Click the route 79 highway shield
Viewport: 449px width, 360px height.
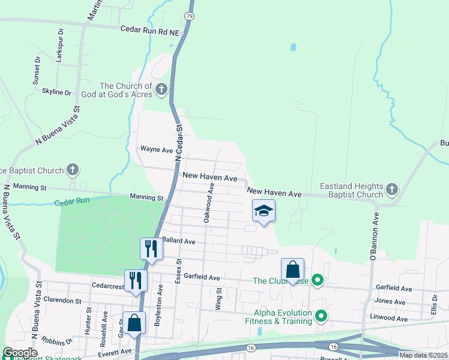[190, 16]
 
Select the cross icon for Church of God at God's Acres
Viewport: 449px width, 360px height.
[161, 90]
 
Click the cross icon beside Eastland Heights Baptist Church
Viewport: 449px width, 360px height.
[391, 190]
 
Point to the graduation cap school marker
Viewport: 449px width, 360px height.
[263, 211]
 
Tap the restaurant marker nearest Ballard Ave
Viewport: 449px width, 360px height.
[151, 248]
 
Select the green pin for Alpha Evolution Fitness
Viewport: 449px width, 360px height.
[321, 315]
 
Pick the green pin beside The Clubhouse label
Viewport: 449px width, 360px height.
[318, 280]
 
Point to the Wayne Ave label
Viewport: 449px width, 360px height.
[156, 149]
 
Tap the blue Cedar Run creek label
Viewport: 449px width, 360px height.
[72, 203]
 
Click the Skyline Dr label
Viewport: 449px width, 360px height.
[56, 92]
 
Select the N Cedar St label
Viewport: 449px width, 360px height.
[178, 143]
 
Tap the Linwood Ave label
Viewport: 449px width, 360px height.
[390, 318]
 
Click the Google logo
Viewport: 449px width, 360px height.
[20, 353]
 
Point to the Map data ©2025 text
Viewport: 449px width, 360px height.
[423, 355]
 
